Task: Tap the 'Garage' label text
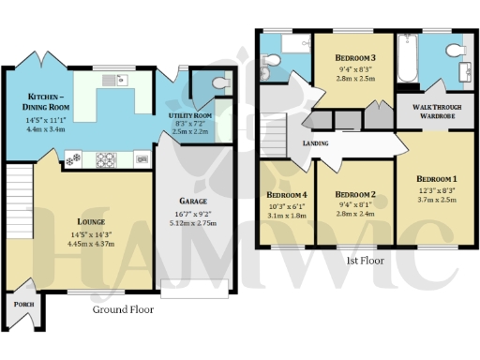point(193,201)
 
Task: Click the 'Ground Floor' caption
point(124,309)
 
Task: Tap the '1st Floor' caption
point(367,260)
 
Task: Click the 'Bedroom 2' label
point(354,195)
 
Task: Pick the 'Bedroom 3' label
point(355,57)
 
